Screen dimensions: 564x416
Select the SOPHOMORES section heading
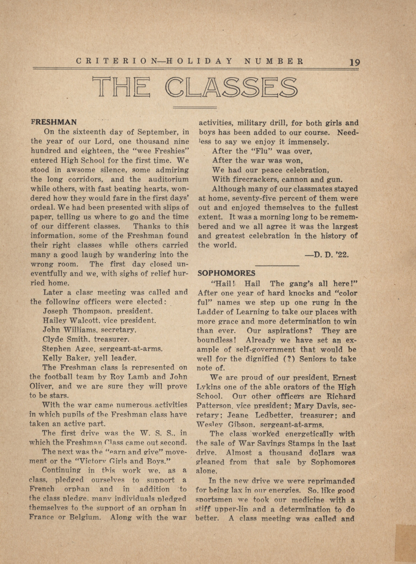[x=226, y=273]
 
